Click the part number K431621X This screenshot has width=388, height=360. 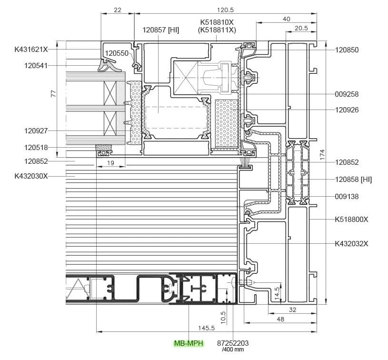(x=31, y=49)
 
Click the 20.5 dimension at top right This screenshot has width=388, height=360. (x=301, y=28)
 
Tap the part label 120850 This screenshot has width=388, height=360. (x=347, y=50)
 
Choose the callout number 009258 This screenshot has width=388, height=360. (x=347, y=94)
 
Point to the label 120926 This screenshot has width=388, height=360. (x=347, y=110)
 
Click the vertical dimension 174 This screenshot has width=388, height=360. (x=322, y=154)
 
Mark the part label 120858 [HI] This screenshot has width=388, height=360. (x=353, y=180)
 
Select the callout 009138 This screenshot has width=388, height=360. (x=347, y=196)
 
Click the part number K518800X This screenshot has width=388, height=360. (x=351, y=220)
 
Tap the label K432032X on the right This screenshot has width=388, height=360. (x=351, y=244)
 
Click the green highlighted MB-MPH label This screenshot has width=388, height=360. (x=188, y=343)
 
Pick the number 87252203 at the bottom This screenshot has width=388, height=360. (x=233, y=343)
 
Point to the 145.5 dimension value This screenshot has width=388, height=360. (x=206, y=328)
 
